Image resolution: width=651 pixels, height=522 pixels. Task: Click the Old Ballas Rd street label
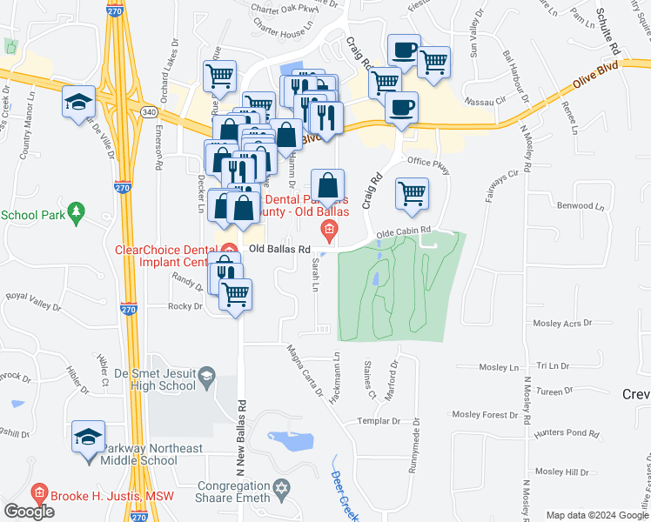pos(279,249)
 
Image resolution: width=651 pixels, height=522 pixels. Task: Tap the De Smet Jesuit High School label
pos(154,379)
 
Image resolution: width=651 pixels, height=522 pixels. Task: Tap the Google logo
pos(30,512)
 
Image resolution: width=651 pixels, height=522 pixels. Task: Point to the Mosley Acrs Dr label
pos(562,323)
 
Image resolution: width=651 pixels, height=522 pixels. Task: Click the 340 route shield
pos(149,111)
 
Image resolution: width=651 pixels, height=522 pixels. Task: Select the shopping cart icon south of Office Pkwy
pos(412,193)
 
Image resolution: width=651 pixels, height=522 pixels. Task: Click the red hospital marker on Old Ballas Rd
pos(329,231)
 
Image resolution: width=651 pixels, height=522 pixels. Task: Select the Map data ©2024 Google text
pos(595,515)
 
